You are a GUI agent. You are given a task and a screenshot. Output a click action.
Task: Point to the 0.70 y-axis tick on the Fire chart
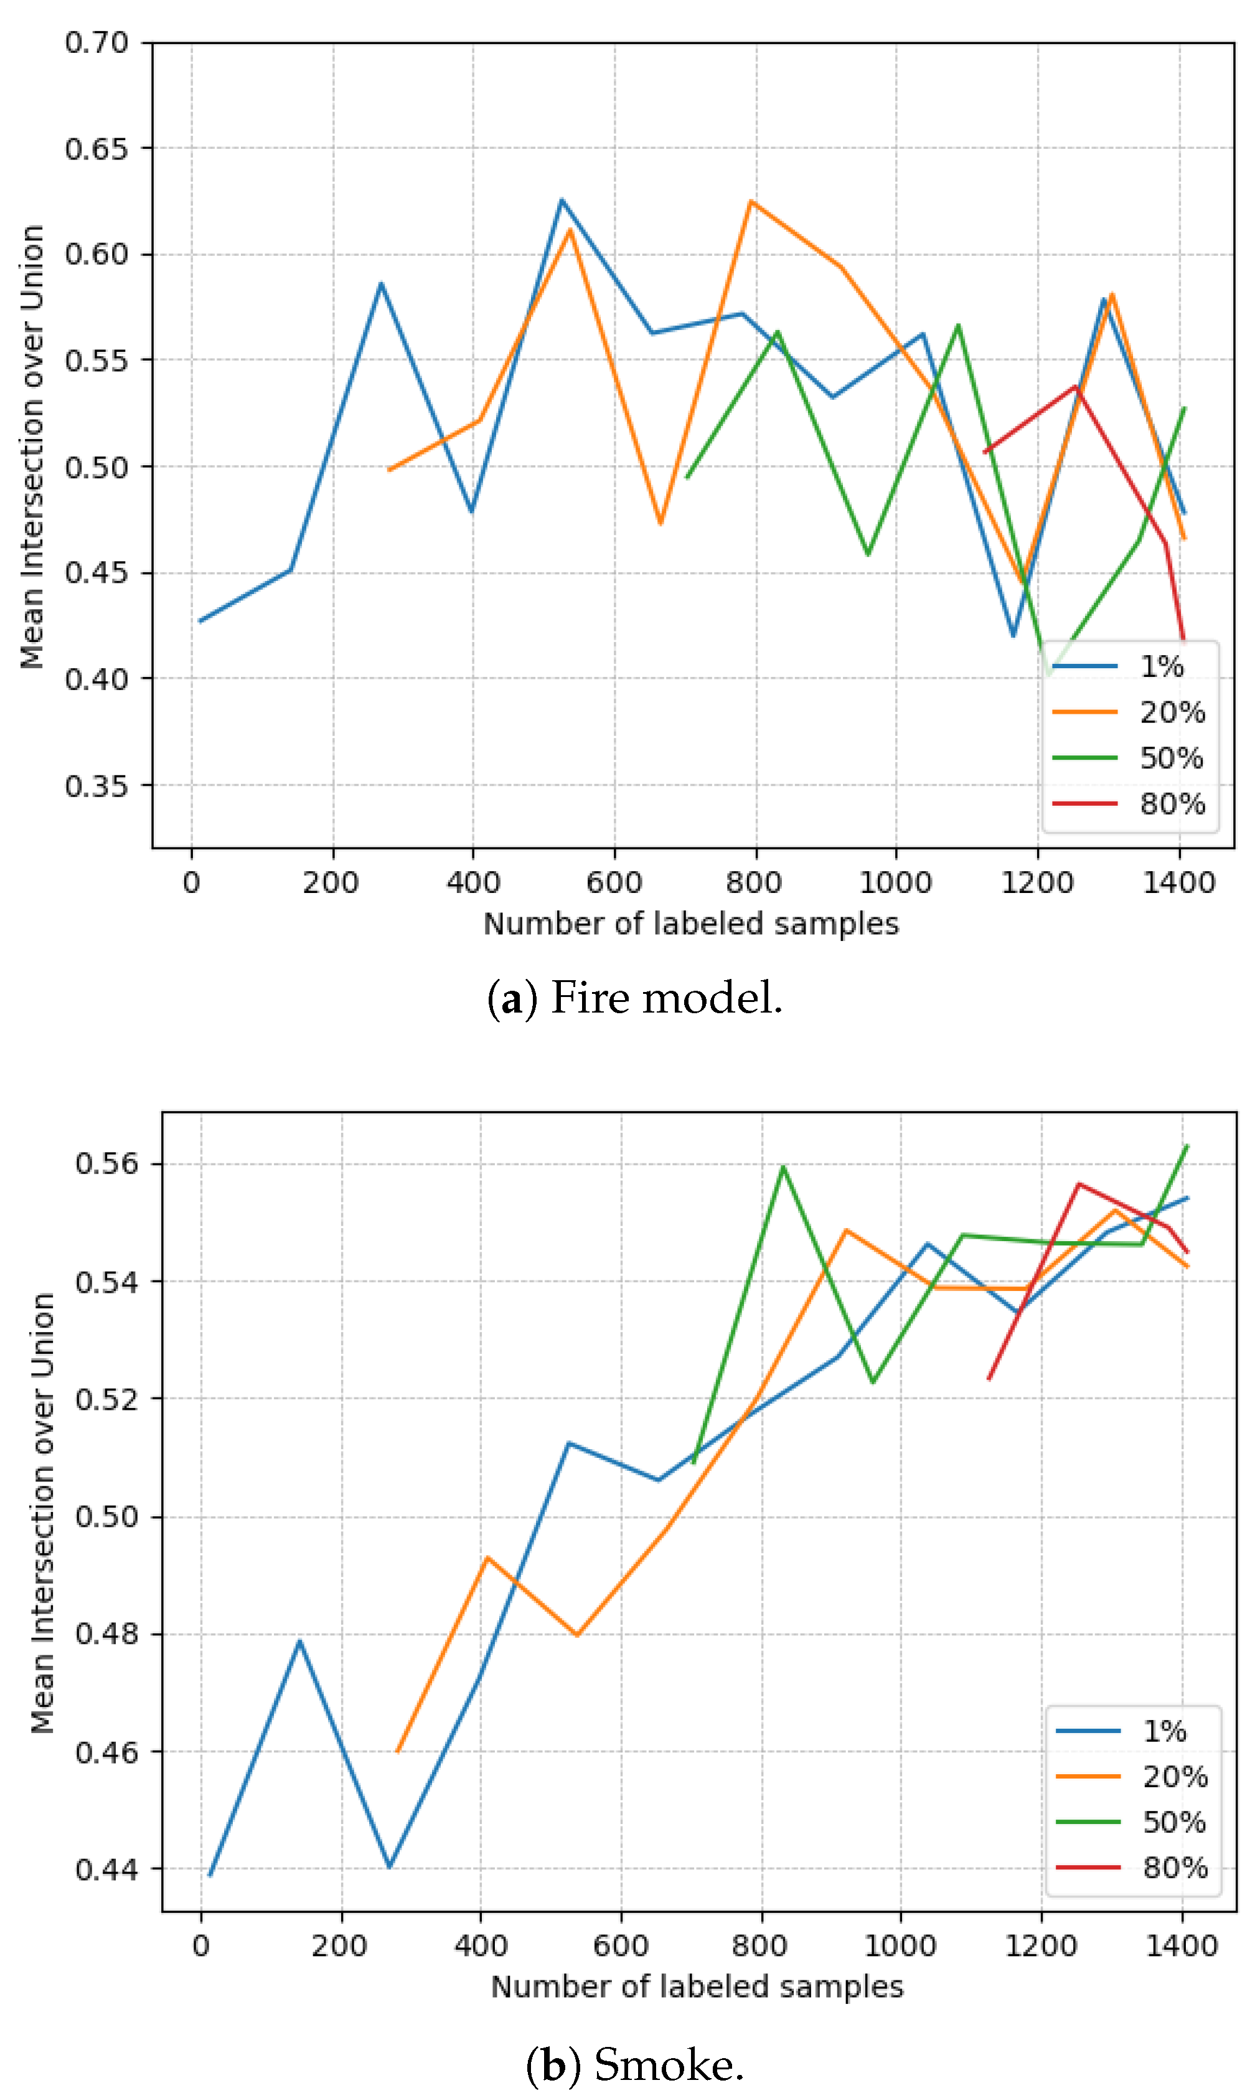pos(97,42)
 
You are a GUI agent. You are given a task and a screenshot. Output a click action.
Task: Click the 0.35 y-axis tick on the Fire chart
pos(97,786)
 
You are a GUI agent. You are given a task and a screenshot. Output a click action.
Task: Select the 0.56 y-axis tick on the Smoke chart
pos(106,1164)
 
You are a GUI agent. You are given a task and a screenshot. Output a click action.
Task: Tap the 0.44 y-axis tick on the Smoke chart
pos(106,1869)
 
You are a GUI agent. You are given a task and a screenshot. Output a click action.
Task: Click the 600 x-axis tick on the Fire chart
pos(614,883)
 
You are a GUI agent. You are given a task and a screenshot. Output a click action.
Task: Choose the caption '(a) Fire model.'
pos(635,998)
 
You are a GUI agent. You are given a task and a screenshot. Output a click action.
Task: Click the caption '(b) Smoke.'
pos(635,2064)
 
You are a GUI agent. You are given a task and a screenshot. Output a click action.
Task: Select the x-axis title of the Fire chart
pos(691,924)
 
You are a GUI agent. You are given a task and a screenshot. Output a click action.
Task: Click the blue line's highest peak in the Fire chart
pos(562,201)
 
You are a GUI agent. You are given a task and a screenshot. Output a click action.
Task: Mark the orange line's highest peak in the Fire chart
pos(751,201)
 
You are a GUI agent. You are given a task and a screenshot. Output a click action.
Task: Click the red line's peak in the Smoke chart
pos(1079,1183)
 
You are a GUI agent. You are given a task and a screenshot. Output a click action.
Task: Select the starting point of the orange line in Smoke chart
pos(397,1751)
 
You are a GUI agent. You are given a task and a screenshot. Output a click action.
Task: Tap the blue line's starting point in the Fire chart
pos(200,621)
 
